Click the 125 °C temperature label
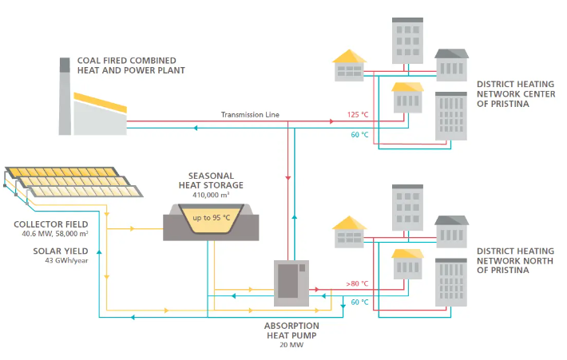358,115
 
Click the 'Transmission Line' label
250,115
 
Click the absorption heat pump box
291,283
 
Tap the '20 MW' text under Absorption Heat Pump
291,345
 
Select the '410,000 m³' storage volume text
211,195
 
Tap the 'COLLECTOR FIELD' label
50,224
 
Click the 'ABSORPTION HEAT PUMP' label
291,330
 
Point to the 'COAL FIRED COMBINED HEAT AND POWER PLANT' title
131,65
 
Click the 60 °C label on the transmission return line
359,135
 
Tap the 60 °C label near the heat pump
359,303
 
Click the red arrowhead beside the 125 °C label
331,122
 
